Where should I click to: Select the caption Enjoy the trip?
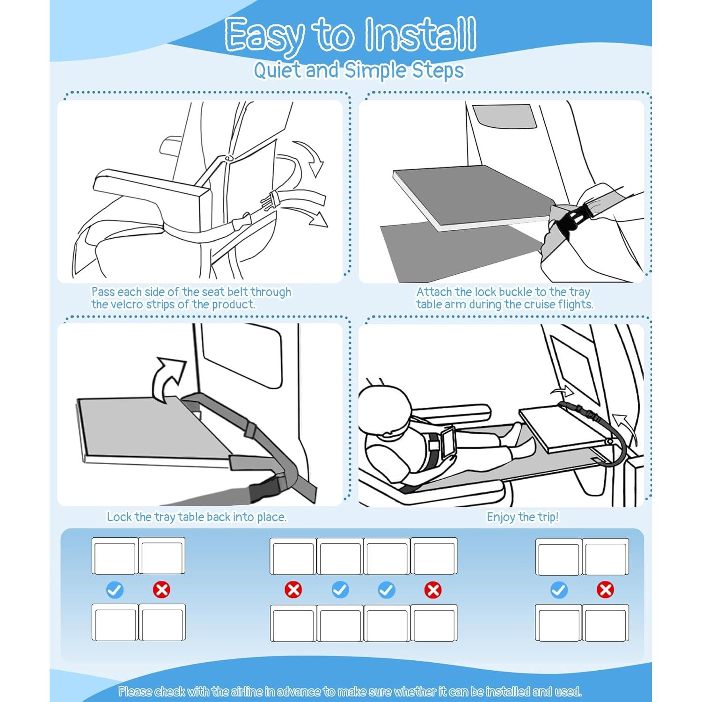pos(522,517)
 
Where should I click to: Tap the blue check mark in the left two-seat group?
pos(115,590)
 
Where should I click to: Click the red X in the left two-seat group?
pos(161,590)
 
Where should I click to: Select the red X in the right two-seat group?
pos(605,590)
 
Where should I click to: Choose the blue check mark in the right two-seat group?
pos(559,590)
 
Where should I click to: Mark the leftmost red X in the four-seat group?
pos(293,590)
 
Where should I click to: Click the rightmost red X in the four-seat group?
pos(433,590)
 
